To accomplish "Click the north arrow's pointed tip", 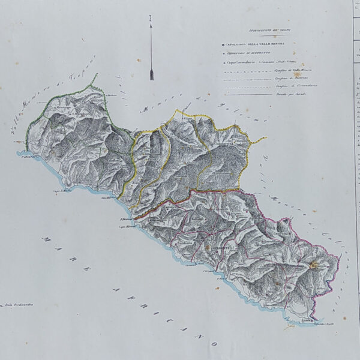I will (151, 20).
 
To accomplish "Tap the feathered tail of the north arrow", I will (151, 75).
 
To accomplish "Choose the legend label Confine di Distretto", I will (280, 79).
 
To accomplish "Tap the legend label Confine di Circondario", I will (283, 86).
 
